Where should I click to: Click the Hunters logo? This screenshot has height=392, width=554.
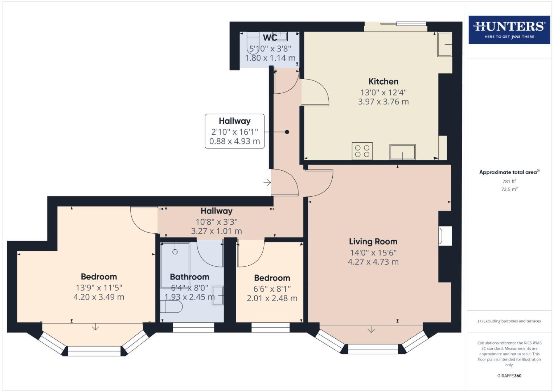pos(509,30)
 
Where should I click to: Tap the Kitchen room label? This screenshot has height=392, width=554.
pos(383,81)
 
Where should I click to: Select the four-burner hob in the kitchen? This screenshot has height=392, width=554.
pos(362,151)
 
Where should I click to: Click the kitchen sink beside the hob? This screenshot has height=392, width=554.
pos(402,152)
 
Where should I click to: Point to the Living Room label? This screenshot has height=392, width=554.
pos(373,241)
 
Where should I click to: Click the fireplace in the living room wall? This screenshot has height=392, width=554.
pos(445,236)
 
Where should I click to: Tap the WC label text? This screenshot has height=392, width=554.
pos(270,38)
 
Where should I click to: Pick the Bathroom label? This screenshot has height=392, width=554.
pos(189,277)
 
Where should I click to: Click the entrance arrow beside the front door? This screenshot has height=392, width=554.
pos(267,183)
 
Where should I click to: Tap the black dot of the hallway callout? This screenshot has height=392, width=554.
pos(287,132)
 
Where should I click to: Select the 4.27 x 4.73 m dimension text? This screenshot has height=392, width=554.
pos(373,262)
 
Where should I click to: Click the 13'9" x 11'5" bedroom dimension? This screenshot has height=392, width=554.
pos(99,288)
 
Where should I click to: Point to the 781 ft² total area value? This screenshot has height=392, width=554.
pos(509,181)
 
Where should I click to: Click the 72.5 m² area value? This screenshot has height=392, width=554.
pos(509,189)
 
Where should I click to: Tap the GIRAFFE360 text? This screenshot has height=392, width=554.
pos(509,376)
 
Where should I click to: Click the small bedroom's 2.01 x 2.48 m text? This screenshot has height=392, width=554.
pos(272,298)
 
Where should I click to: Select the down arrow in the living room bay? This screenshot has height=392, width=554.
pos(371,330)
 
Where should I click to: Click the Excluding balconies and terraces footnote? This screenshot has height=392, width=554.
pos(509,321)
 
